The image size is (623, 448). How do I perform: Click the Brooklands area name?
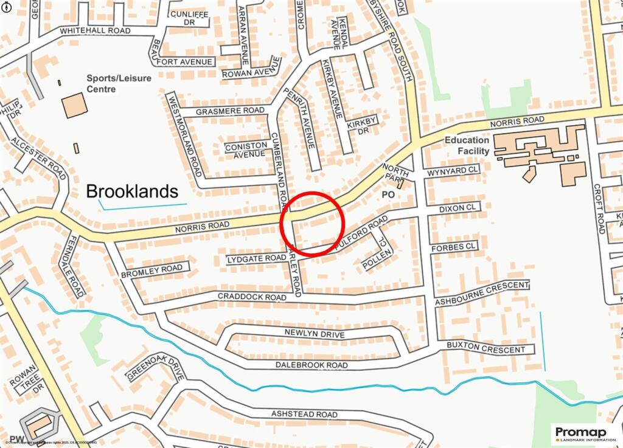tap(132, 191)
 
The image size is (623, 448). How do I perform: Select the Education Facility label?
tap(467, 145)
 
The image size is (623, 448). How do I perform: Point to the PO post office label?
tap(388, 195)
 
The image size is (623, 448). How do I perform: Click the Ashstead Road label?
tap(304, 414)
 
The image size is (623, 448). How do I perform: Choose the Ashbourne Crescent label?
tap(482, 294)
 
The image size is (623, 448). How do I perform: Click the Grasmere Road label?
tap(231, 111)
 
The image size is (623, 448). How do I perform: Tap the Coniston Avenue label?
tap(246, 150)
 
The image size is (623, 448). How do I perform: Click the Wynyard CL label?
tap(453, 171)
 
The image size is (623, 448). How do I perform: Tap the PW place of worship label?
tap(16, 439)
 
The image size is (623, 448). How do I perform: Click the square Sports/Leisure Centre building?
tap(74, 105)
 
